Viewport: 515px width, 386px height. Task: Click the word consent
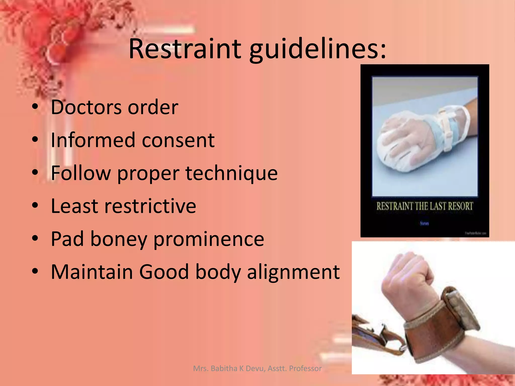(x=178, y=140)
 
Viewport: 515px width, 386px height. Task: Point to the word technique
(x=231, y=173)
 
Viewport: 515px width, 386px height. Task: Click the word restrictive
(x=150, y=206)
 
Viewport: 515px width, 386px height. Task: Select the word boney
(x=118, y=239)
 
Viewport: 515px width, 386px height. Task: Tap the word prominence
(x=209, y=239)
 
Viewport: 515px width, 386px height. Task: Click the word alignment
(x=293, y=272)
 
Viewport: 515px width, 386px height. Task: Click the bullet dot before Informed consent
(x=35, y=139)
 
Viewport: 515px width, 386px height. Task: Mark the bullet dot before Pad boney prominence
(x=35, y=238)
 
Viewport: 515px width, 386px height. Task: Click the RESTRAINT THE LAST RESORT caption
(x=424, y=207)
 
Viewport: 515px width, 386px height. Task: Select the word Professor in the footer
(x=305, y=368)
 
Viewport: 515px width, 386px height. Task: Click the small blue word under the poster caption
(x=424, y=223)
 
